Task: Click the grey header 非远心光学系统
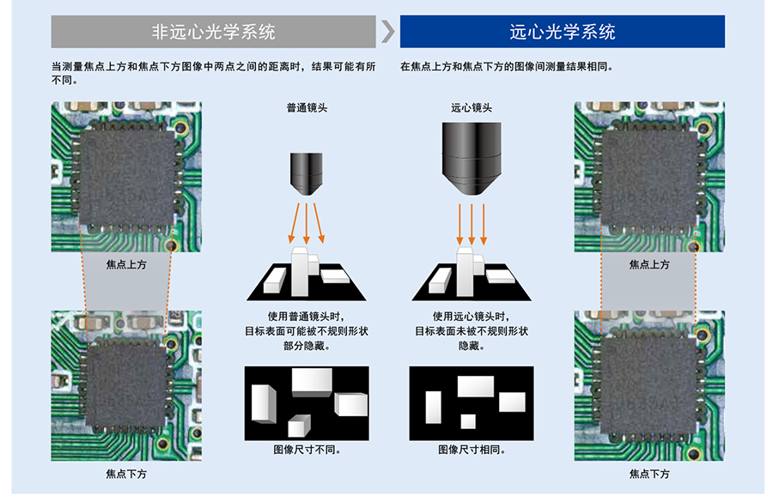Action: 213,33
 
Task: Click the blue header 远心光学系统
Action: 562,33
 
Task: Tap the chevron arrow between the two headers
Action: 388,33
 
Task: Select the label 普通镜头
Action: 307,108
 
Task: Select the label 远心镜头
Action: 472,108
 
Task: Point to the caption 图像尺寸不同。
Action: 307,450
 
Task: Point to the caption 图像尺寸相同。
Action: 472,450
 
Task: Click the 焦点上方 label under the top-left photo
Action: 126,264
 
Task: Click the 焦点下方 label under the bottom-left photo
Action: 126,474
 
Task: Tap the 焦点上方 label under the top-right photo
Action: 649,264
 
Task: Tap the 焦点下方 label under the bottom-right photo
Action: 649,474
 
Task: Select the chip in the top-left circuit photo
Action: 126,176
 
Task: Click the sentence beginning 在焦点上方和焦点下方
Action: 507,66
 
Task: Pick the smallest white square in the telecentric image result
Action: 468,421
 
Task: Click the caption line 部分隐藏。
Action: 307,347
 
